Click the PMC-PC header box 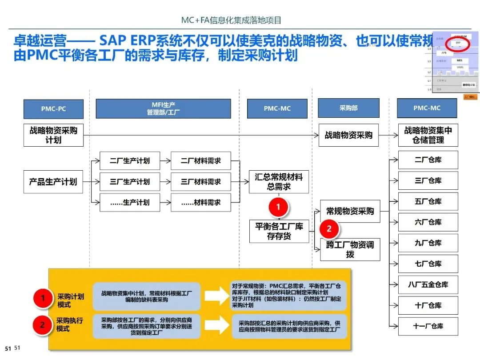tap(53, 108)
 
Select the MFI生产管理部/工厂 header tap(163, 108)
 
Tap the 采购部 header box tap(348, 108)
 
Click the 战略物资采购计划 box tap(53, 135)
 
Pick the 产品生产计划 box tap(53, 182)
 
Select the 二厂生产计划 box tap(129, 161)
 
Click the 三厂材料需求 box tap(201, 182)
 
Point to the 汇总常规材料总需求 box tap(279, 182)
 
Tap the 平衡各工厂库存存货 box tap(279, 231)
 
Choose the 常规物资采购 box tap(350, 211)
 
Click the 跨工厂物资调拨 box tap(350, 249)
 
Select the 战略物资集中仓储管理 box tap(428, 135)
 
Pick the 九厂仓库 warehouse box tap(428, 243)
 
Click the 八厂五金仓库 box tap(428, 285)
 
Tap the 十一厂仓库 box tap(428, 326)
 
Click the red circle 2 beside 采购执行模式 tap(43, 324)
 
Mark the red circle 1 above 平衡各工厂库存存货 tap(279, 207)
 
